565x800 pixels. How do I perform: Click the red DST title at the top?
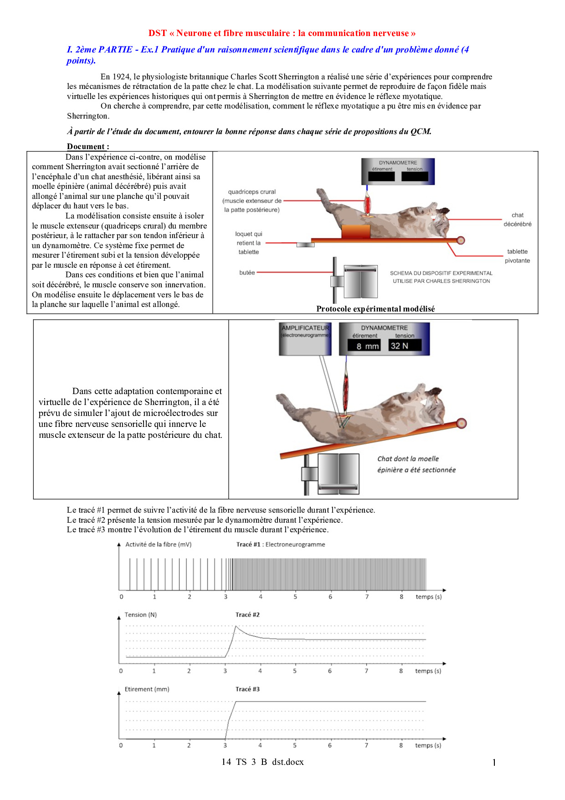[282, 33]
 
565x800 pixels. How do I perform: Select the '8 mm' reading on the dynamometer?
[367, 346]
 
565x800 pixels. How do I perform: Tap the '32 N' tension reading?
[400, 346]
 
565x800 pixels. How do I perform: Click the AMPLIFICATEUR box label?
[305, 328]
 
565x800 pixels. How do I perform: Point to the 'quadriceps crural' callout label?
[252, 192]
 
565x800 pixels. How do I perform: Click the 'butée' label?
[247, 273]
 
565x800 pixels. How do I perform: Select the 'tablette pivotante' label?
[517, 256]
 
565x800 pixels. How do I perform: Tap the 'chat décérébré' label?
[517, 219]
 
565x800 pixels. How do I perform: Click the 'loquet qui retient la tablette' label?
[248, 243]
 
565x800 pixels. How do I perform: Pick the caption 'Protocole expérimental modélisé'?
[375, 309]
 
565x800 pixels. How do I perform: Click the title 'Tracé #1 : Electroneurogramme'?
[281, 544]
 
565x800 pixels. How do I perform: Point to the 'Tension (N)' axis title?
[141, 615]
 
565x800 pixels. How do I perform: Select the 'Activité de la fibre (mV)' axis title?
[159, 544]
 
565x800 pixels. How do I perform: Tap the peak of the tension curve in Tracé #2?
[236, 627]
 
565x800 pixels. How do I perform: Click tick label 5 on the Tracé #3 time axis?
[295, 745]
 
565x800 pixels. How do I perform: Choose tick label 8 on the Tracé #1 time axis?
[401, 597]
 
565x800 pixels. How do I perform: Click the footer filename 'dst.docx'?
[288, 762]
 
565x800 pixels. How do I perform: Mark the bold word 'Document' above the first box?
[87, 146]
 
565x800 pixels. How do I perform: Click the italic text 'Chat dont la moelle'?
[408, 459]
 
